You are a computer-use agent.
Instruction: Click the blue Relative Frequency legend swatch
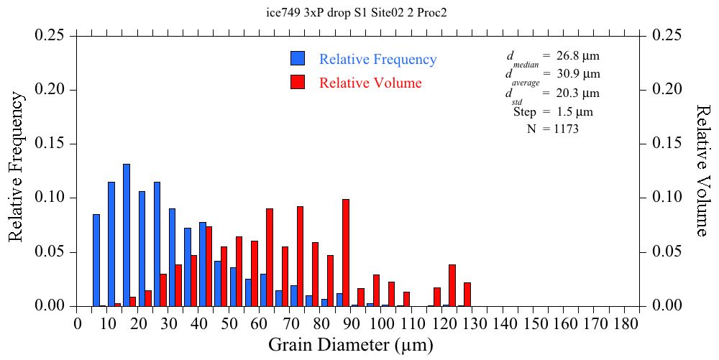pyautogui.click(x=298, y=59)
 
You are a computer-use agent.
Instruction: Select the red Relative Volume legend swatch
pyautogui.click(x=298, y=82)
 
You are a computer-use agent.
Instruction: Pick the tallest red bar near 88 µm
pyautogui.click(x=346, y=252)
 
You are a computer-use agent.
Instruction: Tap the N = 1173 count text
pyautogui.click(x=552, y=129)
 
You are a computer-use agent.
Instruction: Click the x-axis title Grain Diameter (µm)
pyautogui.click(x=351, y=345)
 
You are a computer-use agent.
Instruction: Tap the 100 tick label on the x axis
pyautogui.click(x=383, y=324)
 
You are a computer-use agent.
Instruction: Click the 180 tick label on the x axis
pyautogui.click(x=626, y=324)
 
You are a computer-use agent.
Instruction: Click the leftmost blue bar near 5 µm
pyautogui.click(x=96, y=260)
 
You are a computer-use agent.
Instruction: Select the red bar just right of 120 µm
pyautogui.click(x=452, y=285)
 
